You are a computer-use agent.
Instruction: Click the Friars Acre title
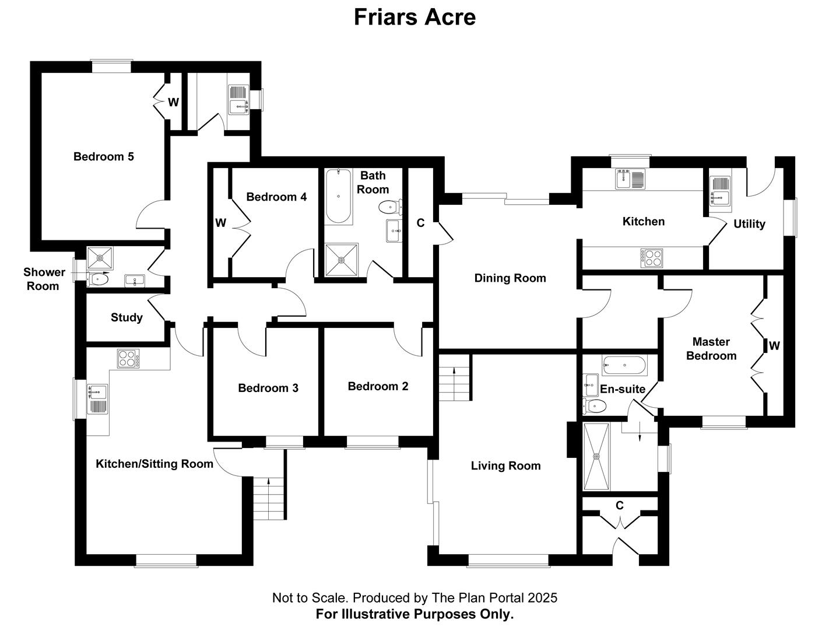click(x=414, y=17)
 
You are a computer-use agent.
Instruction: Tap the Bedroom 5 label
click(x=104, y=156)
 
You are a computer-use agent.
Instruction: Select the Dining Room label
click(x=510, y=278)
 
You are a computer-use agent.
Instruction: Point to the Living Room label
click(x=505, y=466)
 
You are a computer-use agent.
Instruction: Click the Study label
click(x=127, y=317)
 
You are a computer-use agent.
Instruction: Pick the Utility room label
click(x=749, y=224)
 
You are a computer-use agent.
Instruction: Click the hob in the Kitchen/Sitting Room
click(x=128, y=358)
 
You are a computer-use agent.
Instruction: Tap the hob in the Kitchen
click(x=652, y=258)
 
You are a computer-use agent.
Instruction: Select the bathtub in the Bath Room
click(x=338, y=196)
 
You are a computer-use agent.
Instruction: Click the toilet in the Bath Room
click(x=390, y=206)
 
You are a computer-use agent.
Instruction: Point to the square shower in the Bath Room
click(x=342, y=260)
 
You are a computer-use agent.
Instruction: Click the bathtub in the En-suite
click(x=624, y=365)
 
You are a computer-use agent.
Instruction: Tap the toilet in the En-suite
click(x=594, y=406)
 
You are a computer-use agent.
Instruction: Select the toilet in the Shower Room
click(x=98, y=279)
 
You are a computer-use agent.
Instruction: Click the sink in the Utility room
click(x=720, y=192)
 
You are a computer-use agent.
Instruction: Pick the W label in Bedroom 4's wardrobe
click(x=220, y=223)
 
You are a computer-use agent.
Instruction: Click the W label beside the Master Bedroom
click(x=774, y=345)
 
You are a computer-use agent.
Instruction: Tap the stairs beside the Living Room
click(x=455, y=377)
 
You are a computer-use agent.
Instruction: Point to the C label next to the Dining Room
click(x=420, y=223)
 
